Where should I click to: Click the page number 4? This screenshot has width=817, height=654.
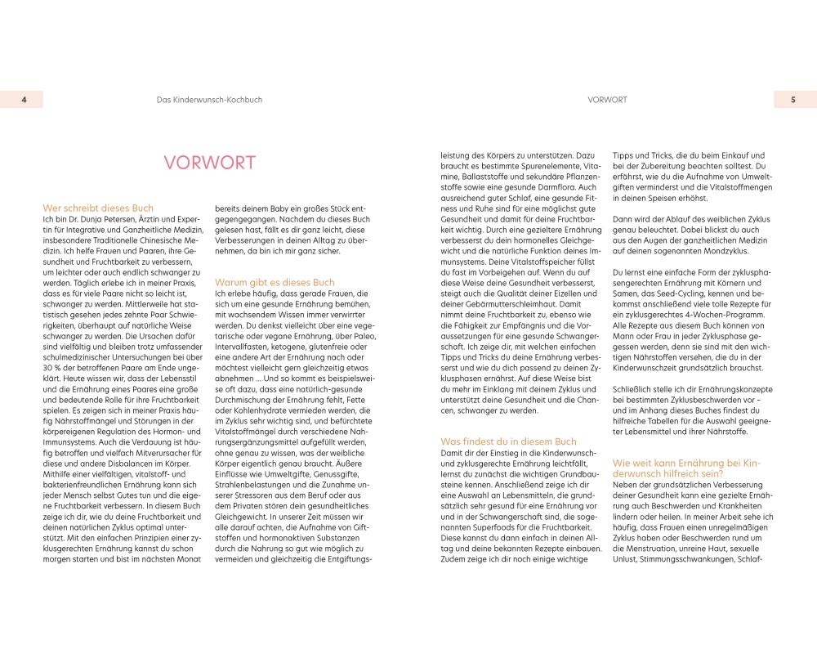tap(25, 100)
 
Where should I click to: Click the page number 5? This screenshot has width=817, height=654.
tap(792, 100)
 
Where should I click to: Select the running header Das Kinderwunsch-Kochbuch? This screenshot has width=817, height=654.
tap(209, 100)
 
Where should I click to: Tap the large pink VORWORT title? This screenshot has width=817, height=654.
tap(209, 163)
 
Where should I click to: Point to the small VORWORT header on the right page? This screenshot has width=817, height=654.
tap(607, 100)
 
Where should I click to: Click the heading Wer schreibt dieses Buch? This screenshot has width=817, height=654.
tap(98, 208)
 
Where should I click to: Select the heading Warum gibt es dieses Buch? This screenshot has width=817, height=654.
tap(274, 283)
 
